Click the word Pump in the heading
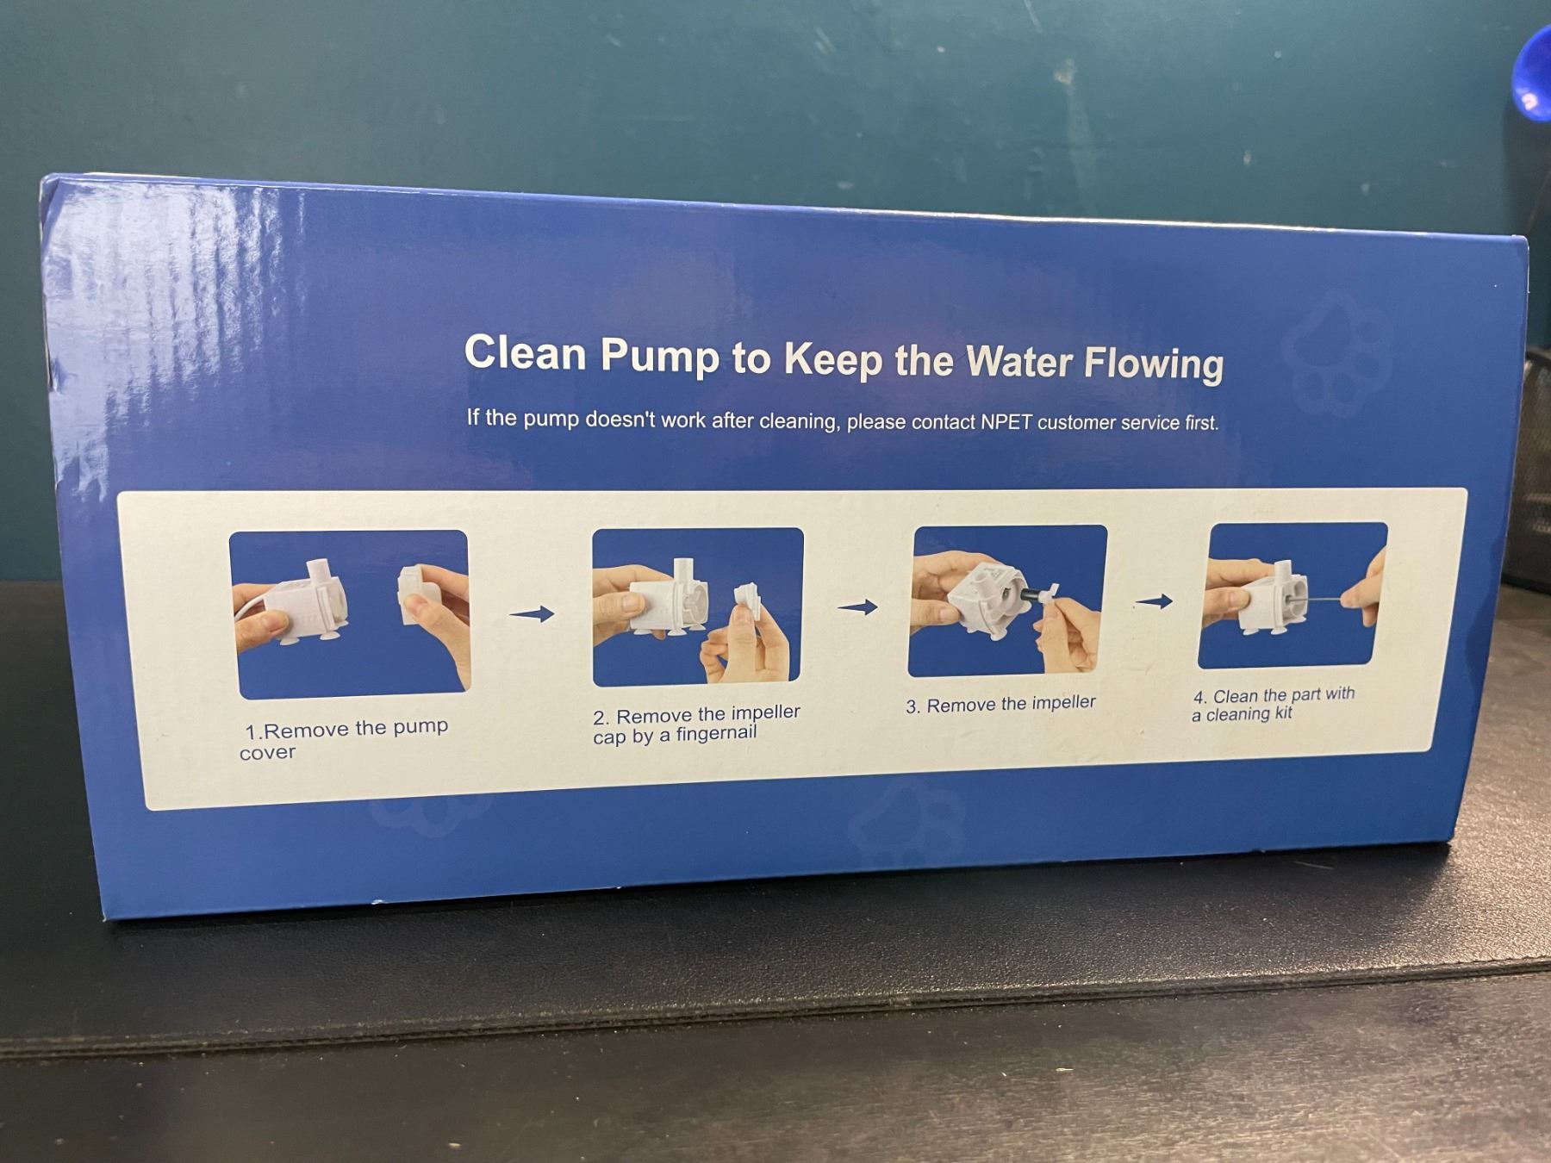click(659, 356)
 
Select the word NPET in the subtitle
click(1006, 422)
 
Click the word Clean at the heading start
click(525, 352)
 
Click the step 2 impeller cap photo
click(697, 606)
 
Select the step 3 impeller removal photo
click(1007, 600)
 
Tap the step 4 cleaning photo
click(1292, 595)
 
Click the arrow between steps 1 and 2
click(532, 614)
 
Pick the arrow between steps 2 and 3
click(857, 607)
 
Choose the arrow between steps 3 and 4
click(1153, 601)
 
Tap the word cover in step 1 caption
click(267, 753)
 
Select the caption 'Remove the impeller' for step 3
click(1012, 704)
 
